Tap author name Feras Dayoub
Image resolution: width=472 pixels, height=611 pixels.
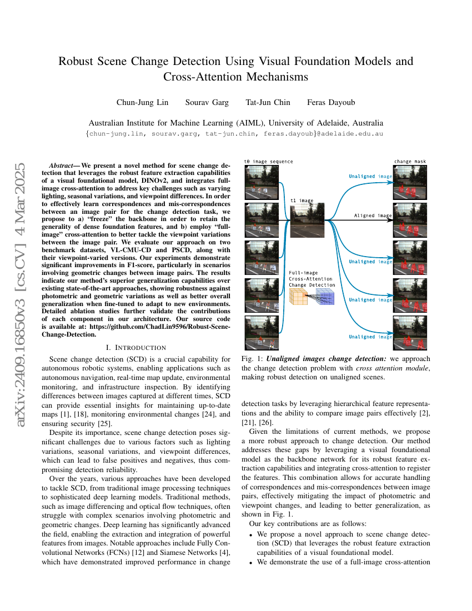(331, 102)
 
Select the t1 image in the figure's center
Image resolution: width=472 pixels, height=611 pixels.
(306, 220)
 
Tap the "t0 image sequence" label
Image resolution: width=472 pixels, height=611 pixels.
(268, 162)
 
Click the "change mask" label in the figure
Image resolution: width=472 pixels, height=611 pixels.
(410, 162)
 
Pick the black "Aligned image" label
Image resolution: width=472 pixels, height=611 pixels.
(373, 215)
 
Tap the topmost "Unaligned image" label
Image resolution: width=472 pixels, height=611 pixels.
(370, 177)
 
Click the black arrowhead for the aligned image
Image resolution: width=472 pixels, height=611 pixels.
(390, 220)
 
